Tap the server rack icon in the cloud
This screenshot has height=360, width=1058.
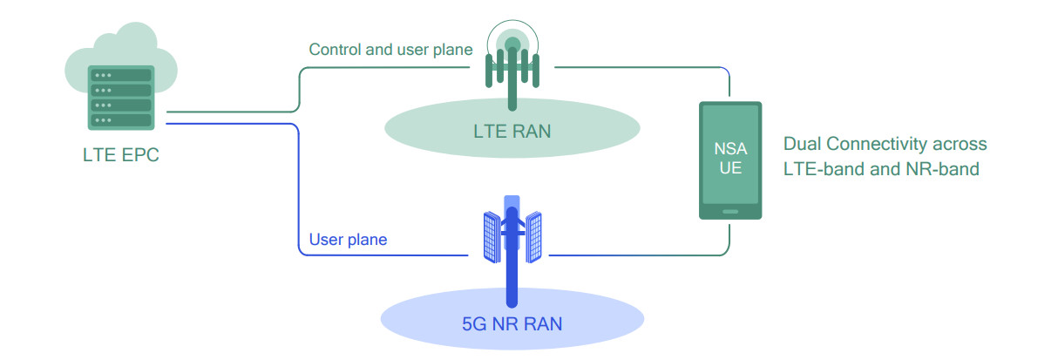[x=122, y=97]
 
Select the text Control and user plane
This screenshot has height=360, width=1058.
[x=390, y=50]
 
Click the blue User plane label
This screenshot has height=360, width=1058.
[x=348, y=239]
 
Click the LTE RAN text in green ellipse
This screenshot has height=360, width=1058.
[x=512, y=132]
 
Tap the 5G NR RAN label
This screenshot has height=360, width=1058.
[x=512, y=324]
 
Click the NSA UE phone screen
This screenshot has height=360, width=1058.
[x=730, y=157]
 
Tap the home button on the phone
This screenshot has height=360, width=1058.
[x=730, y=211]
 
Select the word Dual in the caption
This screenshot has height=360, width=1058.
[x=802, y=144]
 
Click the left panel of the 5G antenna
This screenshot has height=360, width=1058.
[x=491, y=235]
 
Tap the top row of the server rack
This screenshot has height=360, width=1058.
[x=122, y=75]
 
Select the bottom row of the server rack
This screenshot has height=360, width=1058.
[x=122, y=119]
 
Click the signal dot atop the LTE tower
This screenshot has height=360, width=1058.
[x=512, y=44]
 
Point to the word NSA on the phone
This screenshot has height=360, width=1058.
[x=730, y=147]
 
